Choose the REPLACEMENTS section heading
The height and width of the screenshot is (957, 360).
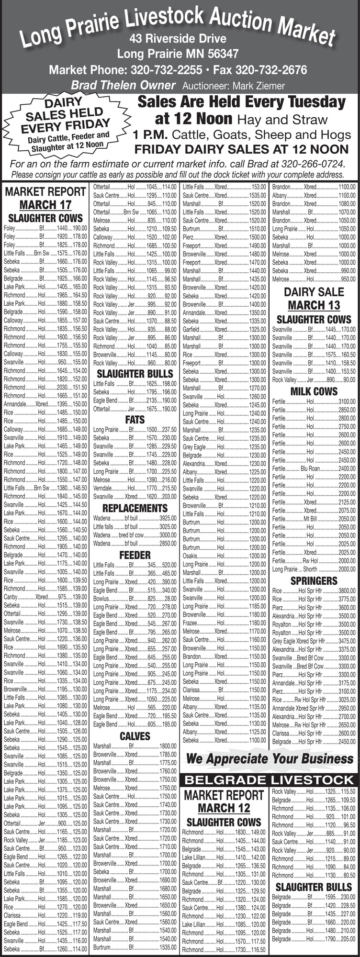click(x=135, y=508)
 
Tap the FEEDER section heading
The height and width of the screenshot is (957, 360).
click(x=135, y=555)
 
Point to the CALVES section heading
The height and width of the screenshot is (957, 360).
click(x=135, y=735)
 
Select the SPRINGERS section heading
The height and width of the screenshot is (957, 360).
click(x=314, y=581)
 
